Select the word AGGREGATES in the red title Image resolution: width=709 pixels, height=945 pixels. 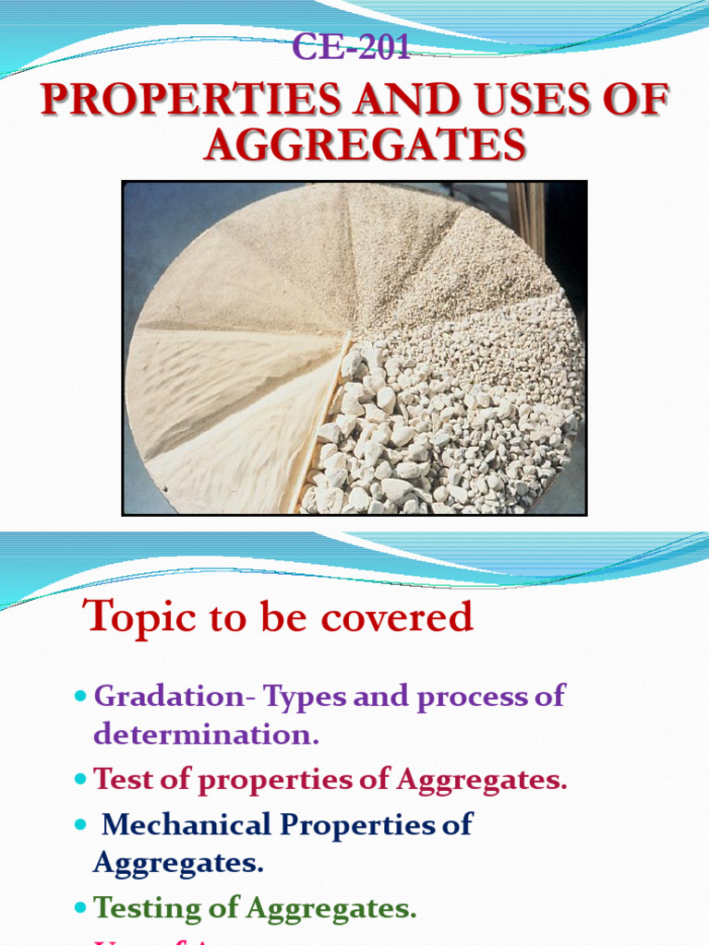click(365, 145)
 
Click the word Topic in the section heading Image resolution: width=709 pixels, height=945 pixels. click(136, 616)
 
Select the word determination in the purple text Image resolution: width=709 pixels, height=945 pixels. click(204, 735)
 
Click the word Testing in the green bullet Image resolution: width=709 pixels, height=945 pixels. click(148, 908)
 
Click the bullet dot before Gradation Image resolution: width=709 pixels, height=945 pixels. click(78, 694)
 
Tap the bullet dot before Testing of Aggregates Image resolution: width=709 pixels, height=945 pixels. click(78, 908)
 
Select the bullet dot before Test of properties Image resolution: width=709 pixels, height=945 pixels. click(78, 780)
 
